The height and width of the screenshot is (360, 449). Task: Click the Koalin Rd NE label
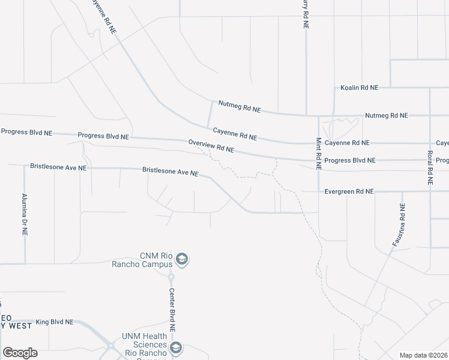[360, 88]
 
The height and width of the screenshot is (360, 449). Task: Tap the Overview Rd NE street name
[211, 146]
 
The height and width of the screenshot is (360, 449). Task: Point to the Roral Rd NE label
[430, 163]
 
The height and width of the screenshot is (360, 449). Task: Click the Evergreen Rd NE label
[349, 191]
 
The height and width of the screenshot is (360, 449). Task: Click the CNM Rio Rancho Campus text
[156, 260]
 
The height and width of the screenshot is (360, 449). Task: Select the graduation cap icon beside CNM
[182, 260]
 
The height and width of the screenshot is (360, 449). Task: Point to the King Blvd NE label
[54, 322]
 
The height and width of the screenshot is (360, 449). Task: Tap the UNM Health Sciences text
[144, 341]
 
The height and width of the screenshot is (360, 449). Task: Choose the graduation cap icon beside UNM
[176, 348]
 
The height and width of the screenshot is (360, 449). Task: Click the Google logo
[20, 353]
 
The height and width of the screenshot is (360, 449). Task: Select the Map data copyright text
[423, 355]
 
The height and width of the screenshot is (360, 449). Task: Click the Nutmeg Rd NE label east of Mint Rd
[387, 115]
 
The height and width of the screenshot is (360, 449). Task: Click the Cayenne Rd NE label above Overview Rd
[235, 134]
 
